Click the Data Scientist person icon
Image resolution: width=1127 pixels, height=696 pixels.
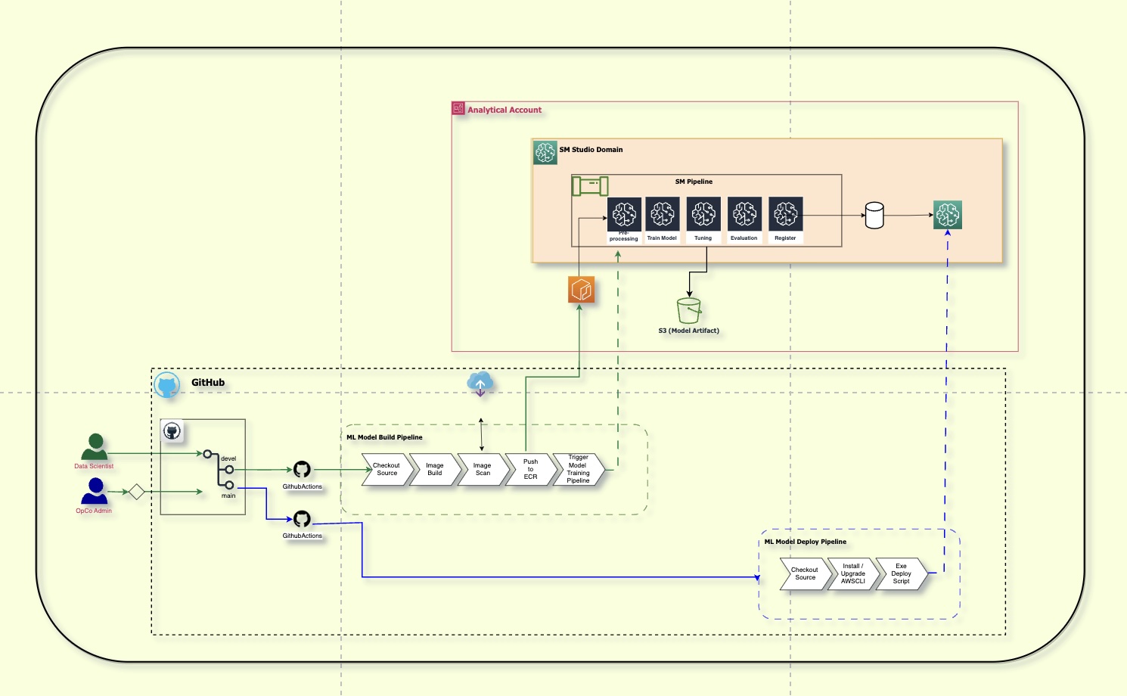pyautogui.click(x=95, y=447)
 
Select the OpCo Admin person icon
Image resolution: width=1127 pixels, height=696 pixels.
pyautogui.click(x=95, y=492)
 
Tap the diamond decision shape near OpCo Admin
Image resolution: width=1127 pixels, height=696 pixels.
pyautogui.click(x=136, y=492)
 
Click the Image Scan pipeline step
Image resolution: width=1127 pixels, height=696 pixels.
pyautogui.click(x=483, y=470)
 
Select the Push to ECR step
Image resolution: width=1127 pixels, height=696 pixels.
pyautogui.click(x=530, y=470)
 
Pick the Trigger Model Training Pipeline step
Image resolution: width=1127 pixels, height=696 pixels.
pyautogui.click(x=579, y=470)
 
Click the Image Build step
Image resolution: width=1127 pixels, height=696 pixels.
pyautogui.click(x=434, y=470)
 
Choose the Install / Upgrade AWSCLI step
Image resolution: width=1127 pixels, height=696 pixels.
pyautogui.click(x=852, y=574)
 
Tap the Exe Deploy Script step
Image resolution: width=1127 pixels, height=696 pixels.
pyautogui.click(x=901, y=574)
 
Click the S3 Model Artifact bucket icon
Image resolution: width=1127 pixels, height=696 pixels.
pyautogui.click(x=689, y=311)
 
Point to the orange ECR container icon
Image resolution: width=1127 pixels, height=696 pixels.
pyautogui.click(x=581, y=290)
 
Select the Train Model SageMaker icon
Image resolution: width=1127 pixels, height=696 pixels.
pyautogui.click(x=663, y=214)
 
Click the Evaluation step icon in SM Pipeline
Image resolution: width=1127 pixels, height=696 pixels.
pyautogui.click(x=744, y=214)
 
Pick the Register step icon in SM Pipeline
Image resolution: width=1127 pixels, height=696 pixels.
pyautogui.click(x=785, y=214)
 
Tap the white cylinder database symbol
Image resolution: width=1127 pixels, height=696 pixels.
pyautogui.click(x=874, y=216)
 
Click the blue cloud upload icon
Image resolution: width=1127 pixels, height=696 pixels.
pyautogui.click(x=480, y=384)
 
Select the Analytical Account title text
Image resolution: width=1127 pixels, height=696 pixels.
pyautogui.click(x=505, y=110)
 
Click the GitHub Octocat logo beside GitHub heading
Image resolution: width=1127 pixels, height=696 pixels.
pyautogui.click(x=167, y=385)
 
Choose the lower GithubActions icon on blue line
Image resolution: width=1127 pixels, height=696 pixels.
pyautogui.click(x=302, y=519)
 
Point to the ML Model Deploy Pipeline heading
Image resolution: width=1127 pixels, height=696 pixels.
pyautogui.click(x=805, y=542)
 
